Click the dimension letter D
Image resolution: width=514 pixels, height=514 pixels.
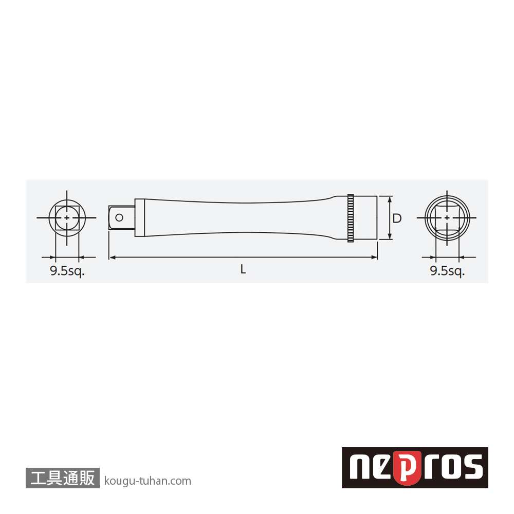tap(397, 218)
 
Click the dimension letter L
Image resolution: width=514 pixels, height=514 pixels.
tap(243, 269)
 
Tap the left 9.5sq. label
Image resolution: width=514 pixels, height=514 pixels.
tap(67, 271)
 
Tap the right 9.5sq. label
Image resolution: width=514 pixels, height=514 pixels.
tap(447, 271)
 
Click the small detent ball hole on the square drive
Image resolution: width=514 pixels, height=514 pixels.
tap(119, 217)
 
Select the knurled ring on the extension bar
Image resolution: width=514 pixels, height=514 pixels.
tap(351, 218)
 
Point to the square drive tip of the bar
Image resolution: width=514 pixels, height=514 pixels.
tap(122, 217)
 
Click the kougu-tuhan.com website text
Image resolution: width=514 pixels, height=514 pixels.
tap(148, 481)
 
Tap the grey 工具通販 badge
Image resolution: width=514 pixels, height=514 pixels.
tap(62, 478)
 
